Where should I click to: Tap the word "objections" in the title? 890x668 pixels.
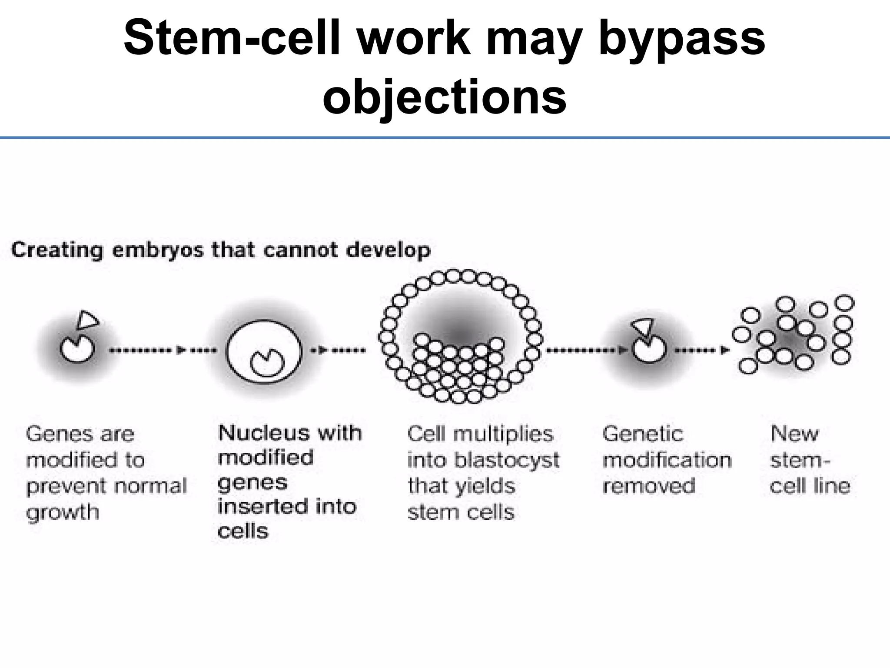(444, 97)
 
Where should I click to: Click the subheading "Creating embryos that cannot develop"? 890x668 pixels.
(221, 250)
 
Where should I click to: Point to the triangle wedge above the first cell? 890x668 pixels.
(87, 321)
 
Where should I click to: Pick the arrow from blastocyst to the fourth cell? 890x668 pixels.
(587, 350)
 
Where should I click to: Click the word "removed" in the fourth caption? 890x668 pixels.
(649, 486)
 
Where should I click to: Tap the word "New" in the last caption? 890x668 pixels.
(794, 434)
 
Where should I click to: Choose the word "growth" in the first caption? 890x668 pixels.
(63, 512)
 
